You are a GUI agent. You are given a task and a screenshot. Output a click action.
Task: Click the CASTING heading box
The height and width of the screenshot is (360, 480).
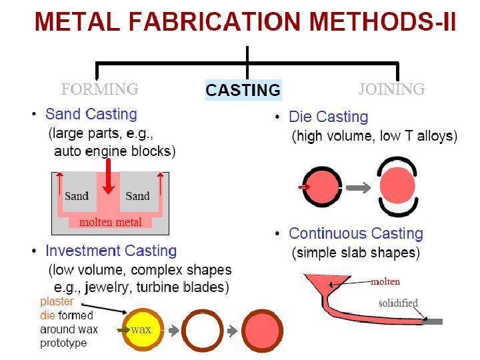point(243,90)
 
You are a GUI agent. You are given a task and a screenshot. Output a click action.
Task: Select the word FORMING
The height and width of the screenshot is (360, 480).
point(100,89)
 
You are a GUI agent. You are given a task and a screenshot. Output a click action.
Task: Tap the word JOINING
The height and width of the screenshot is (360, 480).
point(391,89)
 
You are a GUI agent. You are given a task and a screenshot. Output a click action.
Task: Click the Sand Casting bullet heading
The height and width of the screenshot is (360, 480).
point(91,115)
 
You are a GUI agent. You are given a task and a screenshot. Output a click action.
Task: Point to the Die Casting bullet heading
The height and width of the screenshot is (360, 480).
point(328,117)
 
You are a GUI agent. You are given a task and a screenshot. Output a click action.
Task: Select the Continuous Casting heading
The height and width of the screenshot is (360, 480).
point(355,234)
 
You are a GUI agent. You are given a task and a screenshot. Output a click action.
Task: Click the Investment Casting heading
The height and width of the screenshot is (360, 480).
point(111,251)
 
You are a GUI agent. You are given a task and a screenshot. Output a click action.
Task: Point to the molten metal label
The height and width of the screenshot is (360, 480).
point(111,222)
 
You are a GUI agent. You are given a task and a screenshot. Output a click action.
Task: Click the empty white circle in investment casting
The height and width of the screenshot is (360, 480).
point(202,329)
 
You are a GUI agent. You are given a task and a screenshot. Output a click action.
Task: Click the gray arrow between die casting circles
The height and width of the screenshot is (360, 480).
point(359,188)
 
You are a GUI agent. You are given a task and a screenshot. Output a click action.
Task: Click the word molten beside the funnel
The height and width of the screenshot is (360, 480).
point(385,281)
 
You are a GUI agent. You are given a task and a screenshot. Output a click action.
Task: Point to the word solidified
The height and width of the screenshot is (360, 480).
point(398,303)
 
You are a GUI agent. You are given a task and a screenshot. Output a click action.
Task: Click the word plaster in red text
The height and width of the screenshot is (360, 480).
point(57,301)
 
